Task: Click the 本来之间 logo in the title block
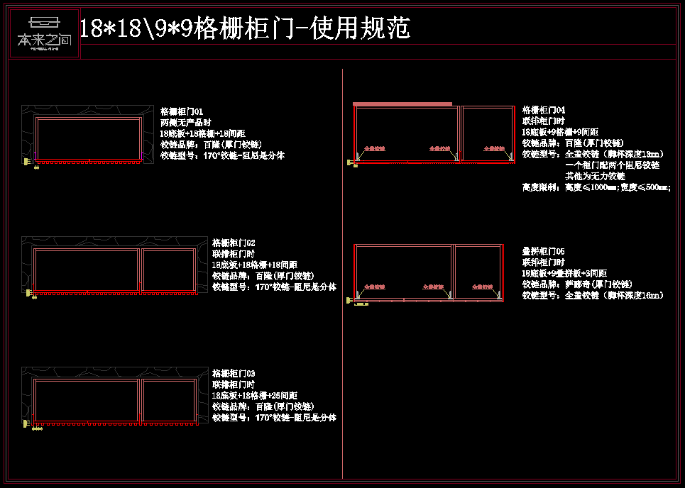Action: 44,33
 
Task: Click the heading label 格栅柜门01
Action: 182,111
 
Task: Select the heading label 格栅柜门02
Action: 234,243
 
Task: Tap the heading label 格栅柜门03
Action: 234,373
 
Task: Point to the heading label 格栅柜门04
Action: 544,110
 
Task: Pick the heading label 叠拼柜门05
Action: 544,251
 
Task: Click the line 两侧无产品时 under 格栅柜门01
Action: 186,122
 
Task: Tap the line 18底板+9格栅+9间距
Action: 560,132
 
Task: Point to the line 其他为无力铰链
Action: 595,176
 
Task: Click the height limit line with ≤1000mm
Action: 596,187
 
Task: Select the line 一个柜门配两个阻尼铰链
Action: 612,165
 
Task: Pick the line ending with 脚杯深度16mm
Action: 593,295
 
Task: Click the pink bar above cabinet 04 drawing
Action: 402,104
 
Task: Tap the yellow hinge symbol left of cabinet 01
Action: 29,162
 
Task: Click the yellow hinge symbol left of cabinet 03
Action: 29,424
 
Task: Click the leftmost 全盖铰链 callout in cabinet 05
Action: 374,287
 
